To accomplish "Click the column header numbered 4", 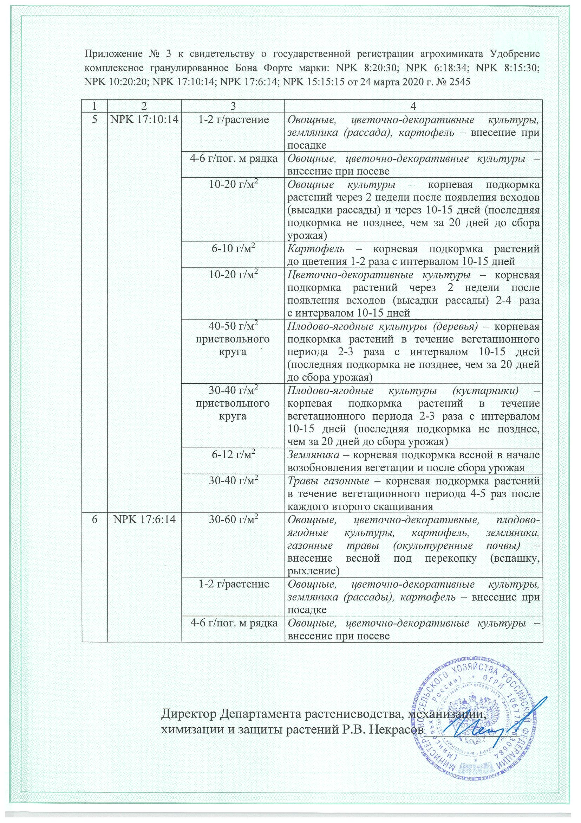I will pyautogui.click(x=413, y=106).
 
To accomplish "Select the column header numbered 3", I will pyautogui.click(x=233, y=106).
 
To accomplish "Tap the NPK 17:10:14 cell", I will pyautogui.click(x=144, y=119).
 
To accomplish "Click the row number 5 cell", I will pyautogui.click(x=94, y=119).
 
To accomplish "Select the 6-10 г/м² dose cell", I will pyautogui.click(x=233, y=249).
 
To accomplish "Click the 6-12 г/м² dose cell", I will pyautogui.click(x=233, y=455).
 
